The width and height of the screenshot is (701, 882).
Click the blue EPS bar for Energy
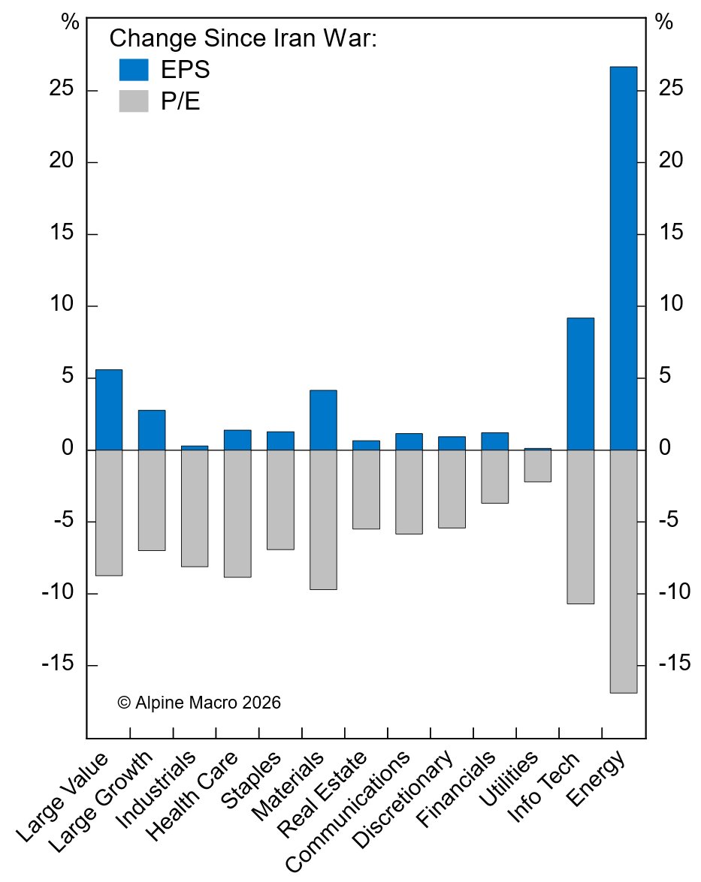[623, 258]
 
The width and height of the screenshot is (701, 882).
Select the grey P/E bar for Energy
[623, 571]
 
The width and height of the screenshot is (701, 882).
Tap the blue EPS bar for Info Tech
[580, 384]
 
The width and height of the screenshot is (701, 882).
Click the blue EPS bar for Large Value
[108, 410]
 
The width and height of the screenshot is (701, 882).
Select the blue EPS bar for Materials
[323, 420]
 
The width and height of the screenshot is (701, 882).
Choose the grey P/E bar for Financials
[494, 477]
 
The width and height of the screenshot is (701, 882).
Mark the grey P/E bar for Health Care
[237, 513]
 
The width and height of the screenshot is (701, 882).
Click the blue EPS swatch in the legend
[134, 70]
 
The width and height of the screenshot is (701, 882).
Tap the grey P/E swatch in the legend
[134, 101]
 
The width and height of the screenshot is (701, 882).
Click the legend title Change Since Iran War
[243, 38]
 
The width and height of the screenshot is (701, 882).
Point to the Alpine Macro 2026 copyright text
[199, 703]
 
